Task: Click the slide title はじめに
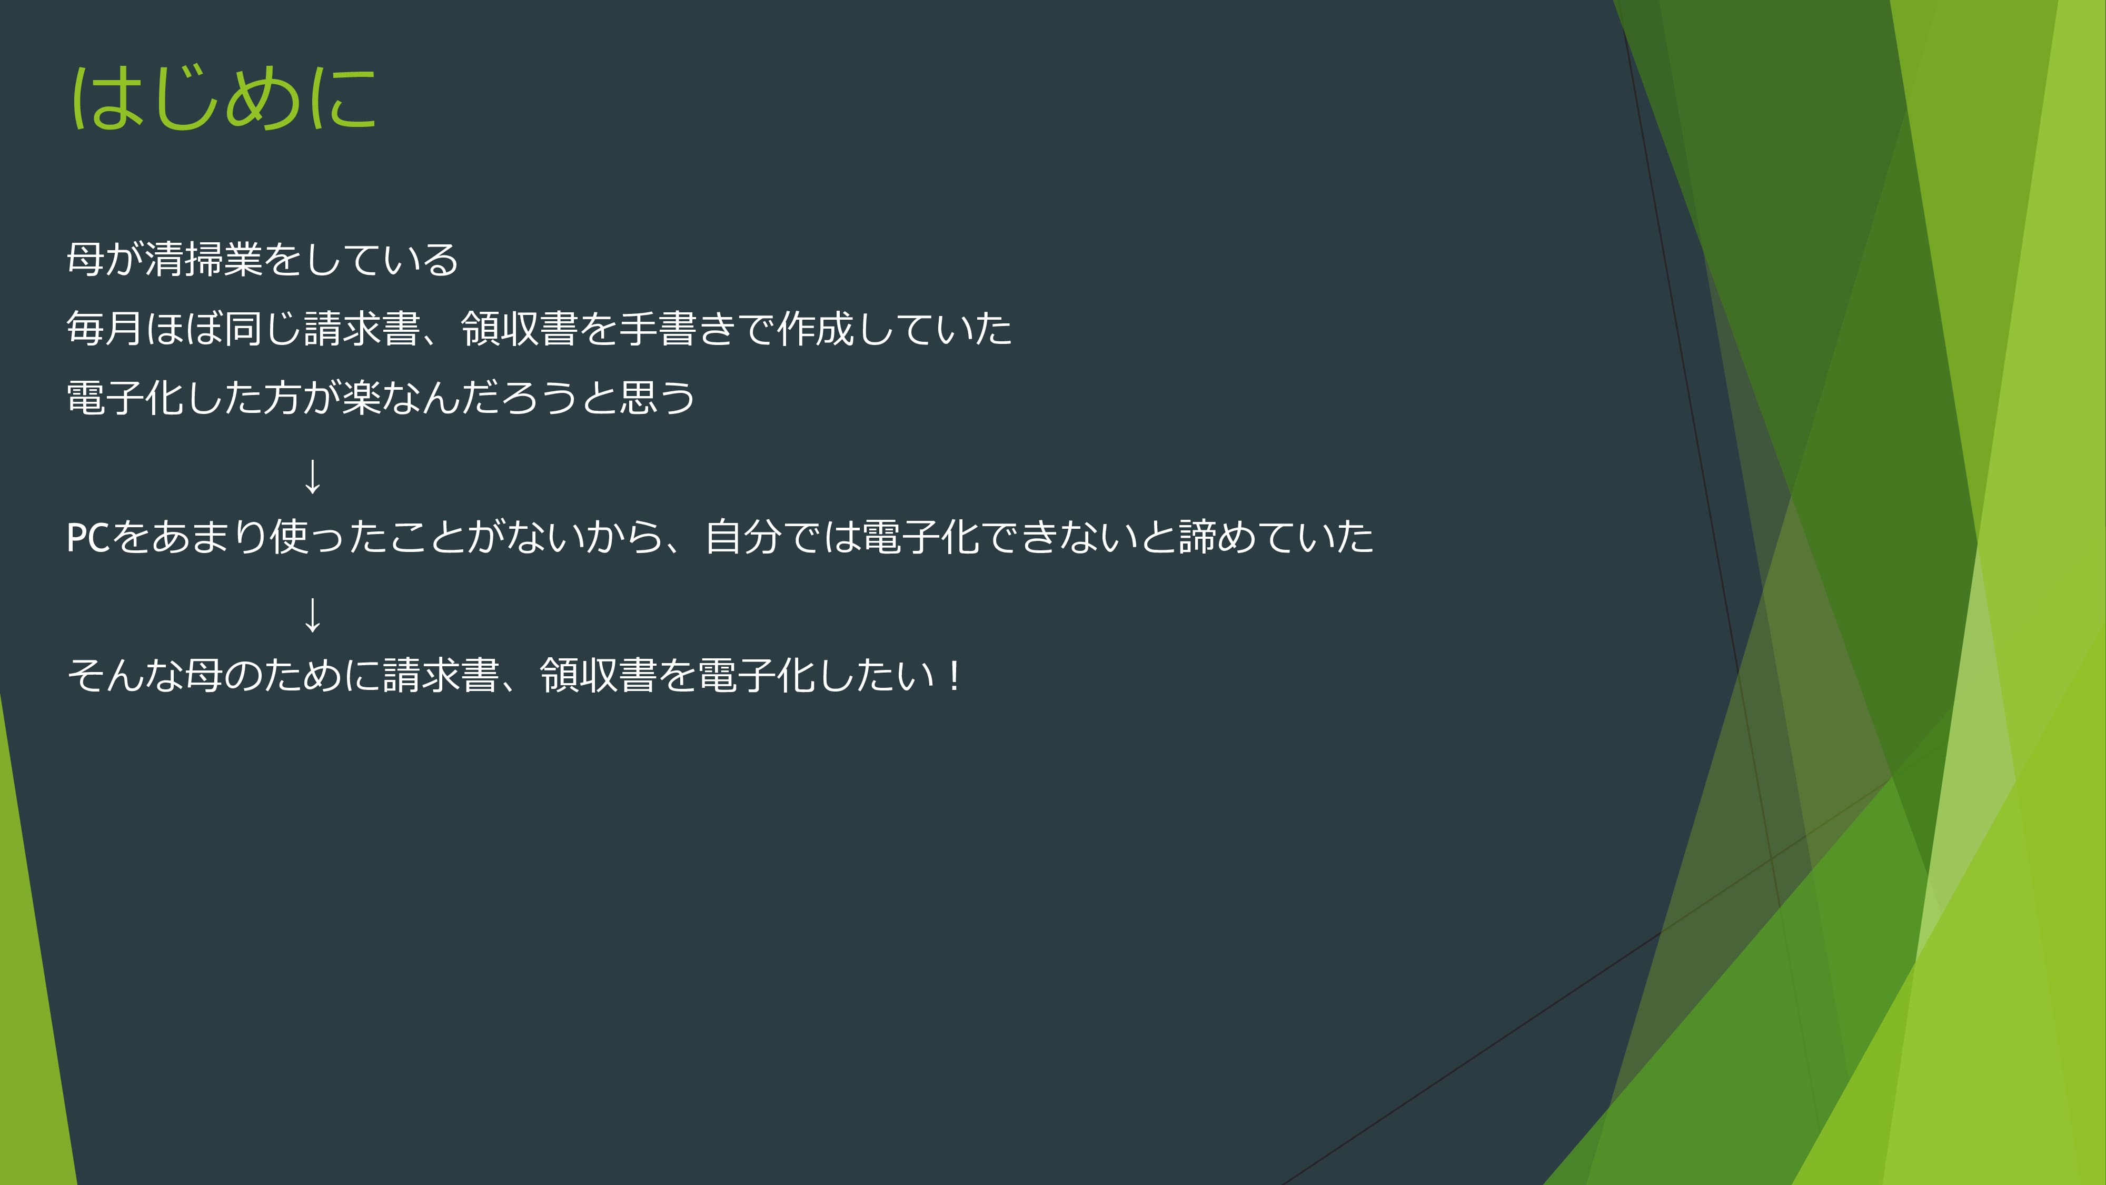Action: coord(224,98)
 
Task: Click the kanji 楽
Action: coord(361,398)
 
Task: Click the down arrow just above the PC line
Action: coord(312,476)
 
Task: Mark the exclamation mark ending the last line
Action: coord(953,676)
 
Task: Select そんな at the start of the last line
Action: coord(125,676)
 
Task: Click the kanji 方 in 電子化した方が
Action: coord(282,398)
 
